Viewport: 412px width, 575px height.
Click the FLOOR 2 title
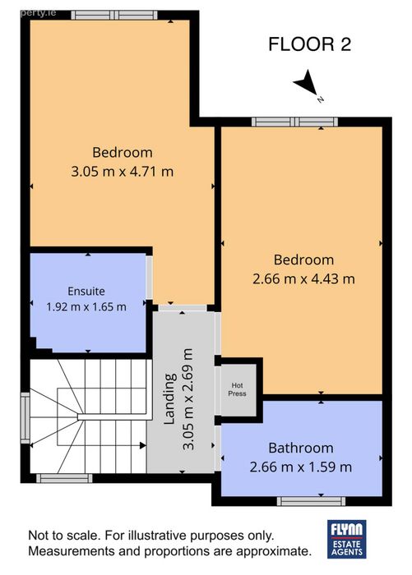(309, 44)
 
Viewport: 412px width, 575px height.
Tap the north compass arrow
(308, 84)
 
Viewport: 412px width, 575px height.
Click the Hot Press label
(237, 389)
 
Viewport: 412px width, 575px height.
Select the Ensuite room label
(86, 291)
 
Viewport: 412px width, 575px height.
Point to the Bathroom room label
(301, 448)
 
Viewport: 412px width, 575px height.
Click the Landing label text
(170, 399)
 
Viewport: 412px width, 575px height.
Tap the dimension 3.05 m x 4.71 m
(122, 171)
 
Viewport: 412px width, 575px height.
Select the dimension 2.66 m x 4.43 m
(303, 278)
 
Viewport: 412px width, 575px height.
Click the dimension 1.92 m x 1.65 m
(86, 306)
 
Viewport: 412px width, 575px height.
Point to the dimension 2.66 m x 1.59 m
(301, 467)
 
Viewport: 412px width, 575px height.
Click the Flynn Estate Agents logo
(347, 539)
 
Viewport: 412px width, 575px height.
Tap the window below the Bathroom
(311, 501)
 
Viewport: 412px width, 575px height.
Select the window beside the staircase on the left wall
(25, 418)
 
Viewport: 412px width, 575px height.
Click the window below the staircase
(64, 478)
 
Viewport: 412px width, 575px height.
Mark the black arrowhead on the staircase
(143, 445)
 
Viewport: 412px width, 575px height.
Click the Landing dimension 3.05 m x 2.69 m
(188, 399)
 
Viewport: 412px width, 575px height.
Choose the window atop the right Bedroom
(295, 122)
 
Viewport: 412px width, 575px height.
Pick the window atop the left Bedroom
(114, 15)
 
